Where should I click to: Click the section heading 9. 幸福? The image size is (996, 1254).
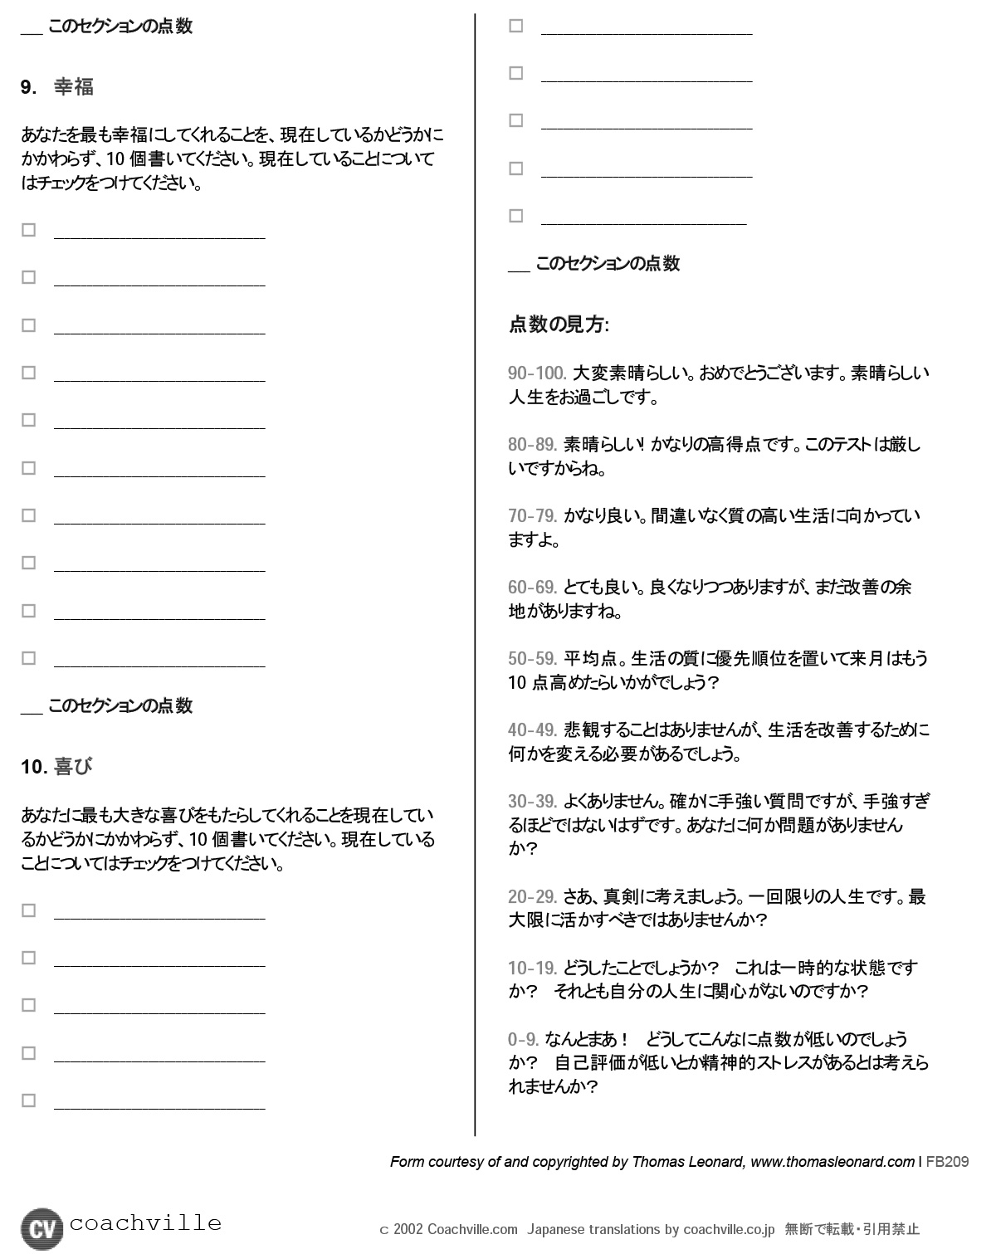(57, 87)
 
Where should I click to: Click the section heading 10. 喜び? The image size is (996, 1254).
(56, 767)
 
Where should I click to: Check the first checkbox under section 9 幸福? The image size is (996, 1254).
(29, 230)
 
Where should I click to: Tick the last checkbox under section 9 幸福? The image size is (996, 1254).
(29, 658)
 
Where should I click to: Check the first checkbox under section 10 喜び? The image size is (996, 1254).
(29, 910)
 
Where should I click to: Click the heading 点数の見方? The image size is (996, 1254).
(559, 324)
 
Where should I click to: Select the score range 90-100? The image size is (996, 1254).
(537, 373)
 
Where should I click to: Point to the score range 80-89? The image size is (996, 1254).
(532, 445)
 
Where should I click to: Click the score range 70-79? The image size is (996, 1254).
(532, 516)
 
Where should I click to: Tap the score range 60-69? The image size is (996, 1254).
(532, 588)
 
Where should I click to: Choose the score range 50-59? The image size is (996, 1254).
(532, 659)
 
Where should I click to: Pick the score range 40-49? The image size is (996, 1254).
(532, 730)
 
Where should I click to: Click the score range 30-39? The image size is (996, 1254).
(532, 802)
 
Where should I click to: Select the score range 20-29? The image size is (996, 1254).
(532, 897)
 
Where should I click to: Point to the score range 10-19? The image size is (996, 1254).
(532, 969)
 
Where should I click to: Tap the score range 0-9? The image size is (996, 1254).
(524, 1040)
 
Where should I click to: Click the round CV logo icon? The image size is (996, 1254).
(41, 1228)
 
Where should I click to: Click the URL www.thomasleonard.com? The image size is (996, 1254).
(832, 1162)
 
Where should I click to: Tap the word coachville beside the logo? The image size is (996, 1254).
(146, 1223)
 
